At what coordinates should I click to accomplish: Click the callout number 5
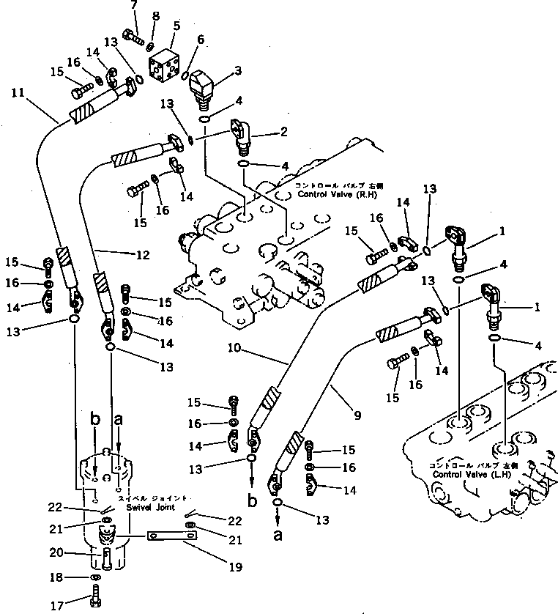coord(176,26)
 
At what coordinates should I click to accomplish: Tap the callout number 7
coord(133,6)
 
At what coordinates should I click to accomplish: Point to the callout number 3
coord(237,70)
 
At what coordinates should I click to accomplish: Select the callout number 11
coord(18,92)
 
